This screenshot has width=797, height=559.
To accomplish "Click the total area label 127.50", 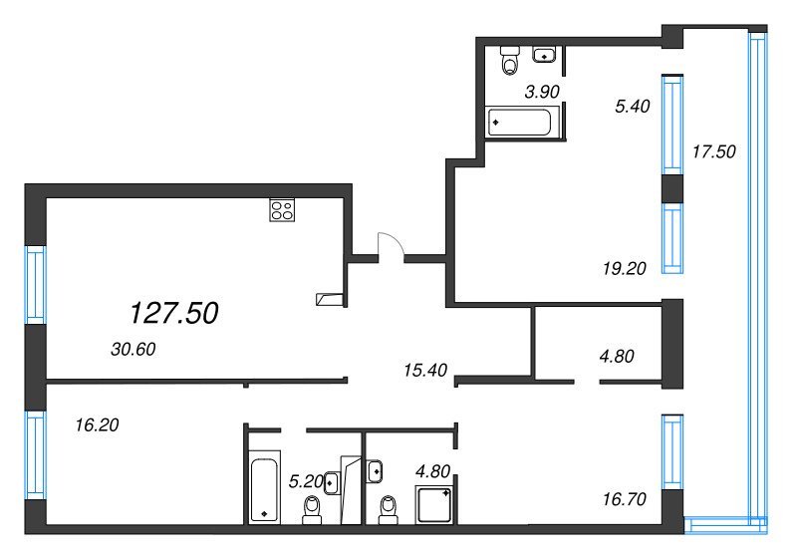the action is pyautogui.click(x=174, y=313).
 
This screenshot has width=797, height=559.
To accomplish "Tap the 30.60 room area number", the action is pyautogui.click(x=133, y=349).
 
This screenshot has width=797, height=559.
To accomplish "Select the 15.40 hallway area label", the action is pyautogui.click(x=425, y=370).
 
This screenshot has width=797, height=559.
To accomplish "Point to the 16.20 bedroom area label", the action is pyautogui.click(x=97, y=424).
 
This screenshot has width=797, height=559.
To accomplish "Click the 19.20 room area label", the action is pyautogui.click(x=625, y=268).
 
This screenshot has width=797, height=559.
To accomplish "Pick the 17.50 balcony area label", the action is pyautogui.click(x=714, y=151).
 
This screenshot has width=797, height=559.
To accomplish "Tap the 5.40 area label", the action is pyautogui.click(x=633, y=107).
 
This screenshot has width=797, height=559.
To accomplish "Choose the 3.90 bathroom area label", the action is pyautogui.click(x=542, y=92).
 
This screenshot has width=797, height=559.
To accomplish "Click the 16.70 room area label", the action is pyautogui.click(x=625, y=499).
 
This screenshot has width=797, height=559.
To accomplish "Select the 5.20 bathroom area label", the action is pyautogui.click(x=306, y=481).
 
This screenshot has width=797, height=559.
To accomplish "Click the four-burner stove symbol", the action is pyautogui.click(x=282, y=210).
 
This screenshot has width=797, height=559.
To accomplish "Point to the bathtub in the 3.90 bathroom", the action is pyautogui.click(x=519, y=123).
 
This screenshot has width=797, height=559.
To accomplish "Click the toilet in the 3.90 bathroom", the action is pyautogui.click(x=510, y=60).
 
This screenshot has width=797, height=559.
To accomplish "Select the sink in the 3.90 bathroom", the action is pyautogui.click(x=544, y=55).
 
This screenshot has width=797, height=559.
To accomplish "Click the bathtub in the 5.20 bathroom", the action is pyautogui.click(x=264, y=487).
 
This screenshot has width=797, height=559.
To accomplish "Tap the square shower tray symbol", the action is pyautogui.click(x=433, y=504).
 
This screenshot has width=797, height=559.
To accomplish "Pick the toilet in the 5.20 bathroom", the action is pyautogui.click(x=312, y=510).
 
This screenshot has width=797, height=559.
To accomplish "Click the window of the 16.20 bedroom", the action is pyautogui.click(x=36, y=454).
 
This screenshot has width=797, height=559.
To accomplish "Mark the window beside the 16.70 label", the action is pyautogui.click(x=672, y=452).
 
